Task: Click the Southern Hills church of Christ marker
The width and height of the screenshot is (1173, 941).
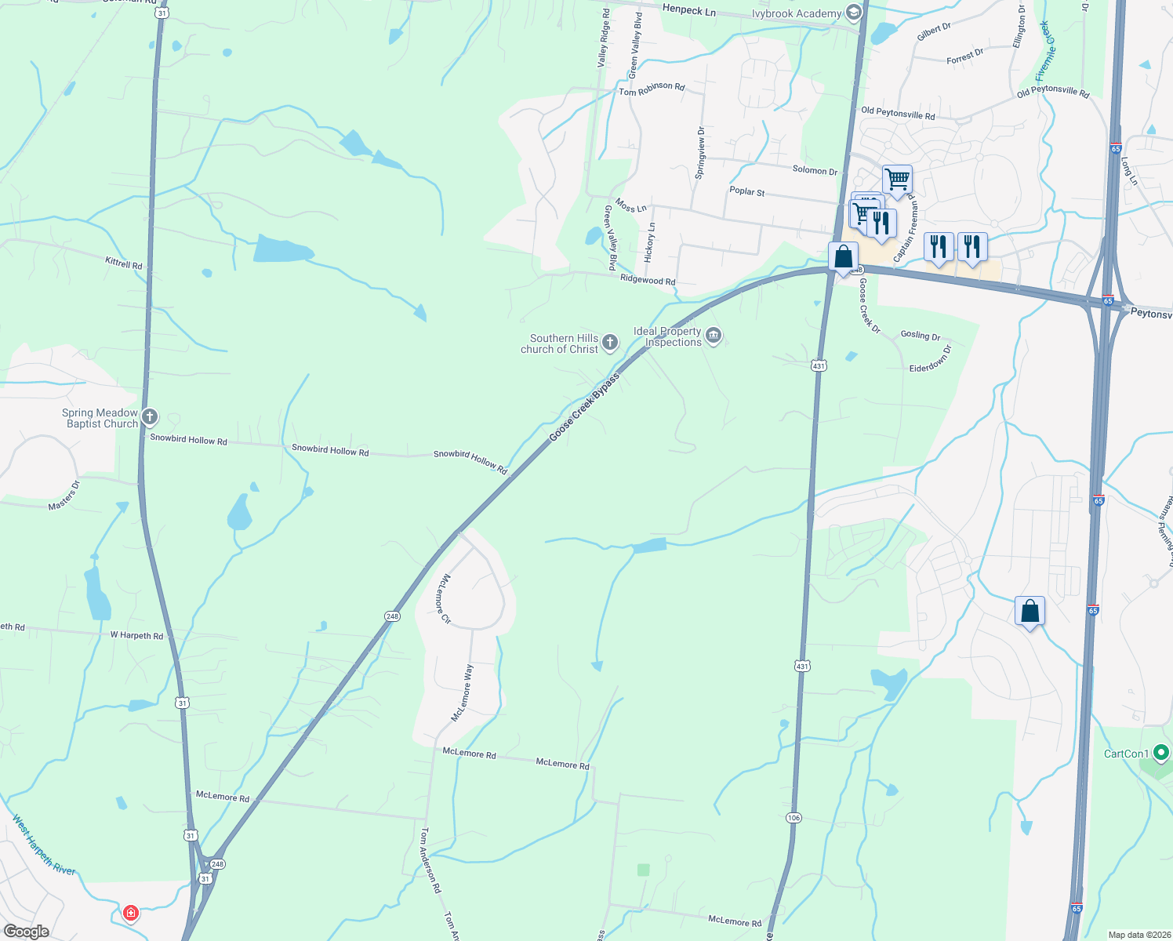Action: (x=610, y=343)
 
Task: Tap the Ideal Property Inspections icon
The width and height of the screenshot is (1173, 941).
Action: (x=713, y=336)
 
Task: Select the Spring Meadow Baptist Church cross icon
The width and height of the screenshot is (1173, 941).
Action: (x=150, y=417)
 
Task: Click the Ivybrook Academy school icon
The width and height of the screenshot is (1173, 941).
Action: (x=854, y=13)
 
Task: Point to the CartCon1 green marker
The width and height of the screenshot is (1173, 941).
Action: (x=1161, y=754)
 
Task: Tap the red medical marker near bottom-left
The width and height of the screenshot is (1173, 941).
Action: (x=131, y=913)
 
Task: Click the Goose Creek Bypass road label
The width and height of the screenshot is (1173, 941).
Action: (x=584, y=407)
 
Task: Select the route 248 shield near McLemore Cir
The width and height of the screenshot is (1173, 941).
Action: (x=393, y=616)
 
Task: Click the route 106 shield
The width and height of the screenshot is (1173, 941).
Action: (x=793, y=818)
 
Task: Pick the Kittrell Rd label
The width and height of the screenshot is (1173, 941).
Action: (x=124, y=264)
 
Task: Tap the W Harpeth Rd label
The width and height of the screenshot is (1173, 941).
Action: (x=136, y=635)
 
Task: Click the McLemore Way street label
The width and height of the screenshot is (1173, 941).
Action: (x=463, y=693)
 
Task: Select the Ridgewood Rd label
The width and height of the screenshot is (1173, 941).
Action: (x=647, y=280)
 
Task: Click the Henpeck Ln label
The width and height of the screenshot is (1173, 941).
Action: (x=688, y=10)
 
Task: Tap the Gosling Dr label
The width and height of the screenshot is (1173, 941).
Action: (x=920, y=335)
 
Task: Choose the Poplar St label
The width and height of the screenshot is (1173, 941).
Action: (x=746, y=191)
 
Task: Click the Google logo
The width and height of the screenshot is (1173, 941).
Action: (x=26, y=931)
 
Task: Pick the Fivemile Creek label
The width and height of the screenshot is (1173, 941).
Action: (x=1046, y=51)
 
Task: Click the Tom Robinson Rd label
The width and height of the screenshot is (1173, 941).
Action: (x=652, y=89)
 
